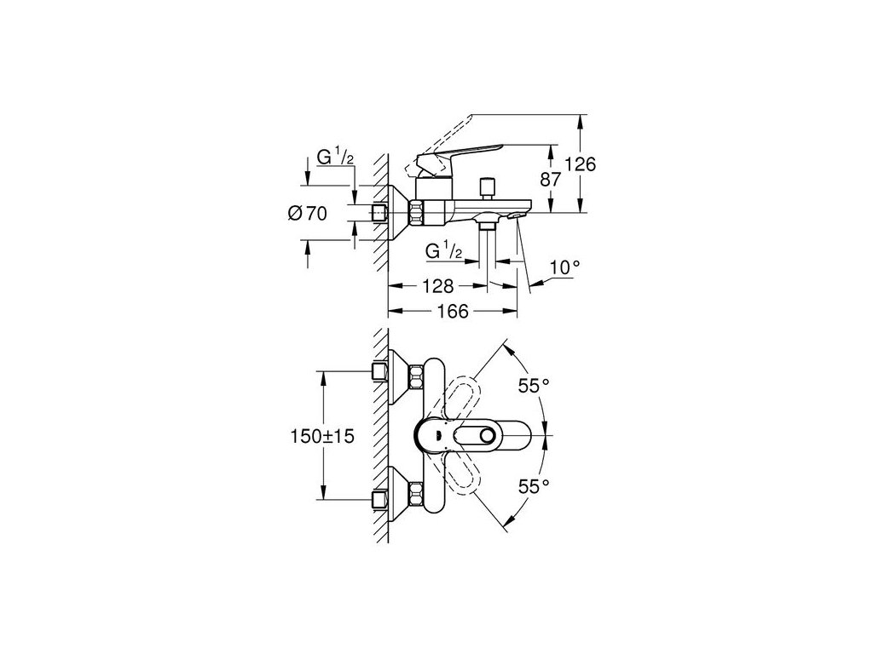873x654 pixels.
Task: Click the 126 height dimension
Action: click(x=579, y=163)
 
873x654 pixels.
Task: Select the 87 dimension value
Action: click(x=550, y=180)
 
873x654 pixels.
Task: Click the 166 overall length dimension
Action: click(x=453, y=312)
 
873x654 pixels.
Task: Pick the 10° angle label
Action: click(x=564, y=267)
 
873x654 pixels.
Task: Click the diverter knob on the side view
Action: click(x=489, y=186)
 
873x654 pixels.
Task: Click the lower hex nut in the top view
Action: click(x=417, y=493)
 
